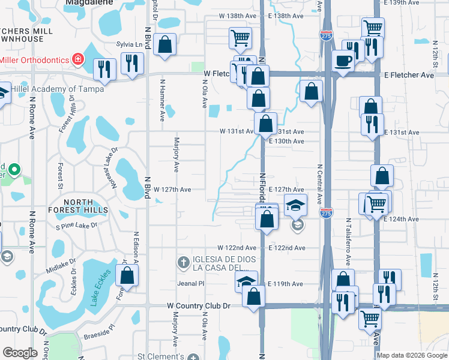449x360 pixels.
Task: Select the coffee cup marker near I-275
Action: (x=343, y=61)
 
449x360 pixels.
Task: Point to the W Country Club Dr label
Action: (x=198, y=306)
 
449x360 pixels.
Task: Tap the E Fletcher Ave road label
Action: (x=409, y=76)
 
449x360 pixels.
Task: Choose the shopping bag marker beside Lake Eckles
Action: (x=127, y=276)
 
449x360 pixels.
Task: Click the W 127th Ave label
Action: (x=172, y=190)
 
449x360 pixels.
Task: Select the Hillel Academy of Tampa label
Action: (x=60, y=89)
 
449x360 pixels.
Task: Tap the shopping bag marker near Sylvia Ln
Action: (x=164, y=44)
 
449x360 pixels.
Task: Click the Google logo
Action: (x=20, y=353)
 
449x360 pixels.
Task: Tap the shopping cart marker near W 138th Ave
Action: (x=240, y=38)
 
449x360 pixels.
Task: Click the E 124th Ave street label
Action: (x=401, y=219)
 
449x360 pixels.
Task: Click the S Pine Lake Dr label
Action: (x=76, y=226)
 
